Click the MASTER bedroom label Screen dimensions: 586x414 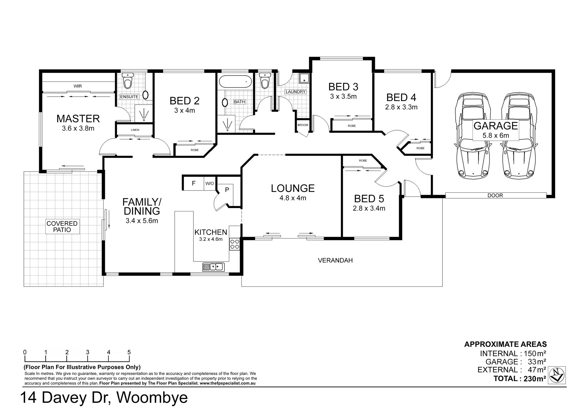click(78, 119)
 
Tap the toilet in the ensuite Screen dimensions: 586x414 click(127, 80)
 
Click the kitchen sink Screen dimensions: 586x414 click(213, 267)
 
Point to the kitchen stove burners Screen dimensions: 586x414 click(234, 244)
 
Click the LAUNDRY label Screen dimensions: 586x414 click(295, 92)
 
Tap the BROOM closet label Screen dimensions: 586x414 click(303, 125)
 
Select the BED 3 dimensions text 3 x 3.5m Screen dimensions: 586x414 click(343, 96)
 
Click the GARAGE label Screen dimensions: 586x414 click(495, 126)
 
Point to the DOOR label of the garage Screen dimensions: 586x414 click(495, 195)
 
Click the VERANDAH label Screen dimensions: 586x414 click(335, 260)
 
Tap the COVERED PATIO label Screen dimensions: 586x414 click(62, 227)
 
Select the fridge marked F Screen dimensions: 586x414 click(193, 184)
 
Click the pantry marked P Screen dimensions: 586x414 click(227, 190)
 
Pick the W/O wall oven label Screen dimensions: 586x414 click(209, 184)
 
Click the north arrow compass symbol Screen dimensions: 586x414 click(557, 375)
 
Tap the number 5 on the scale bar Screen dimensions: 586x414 click(129, 352)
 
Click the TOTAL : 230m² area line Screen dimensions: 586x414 click(520, 379)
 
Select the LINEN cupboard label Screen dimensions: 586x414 click(135, 130)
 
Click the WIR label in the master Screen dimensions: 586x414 click(78, 86)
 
